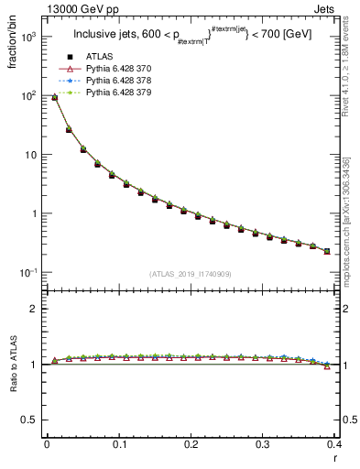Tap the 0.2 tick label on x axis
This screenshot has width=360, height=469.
pyautogui.click(x=191, y=444)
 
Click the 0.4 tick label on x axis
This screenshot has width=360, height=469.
pyautogui.click(x=334, y=444)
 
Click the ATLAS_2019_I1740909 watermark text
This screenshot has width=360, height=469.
pyautogui.click(x=191, y=274)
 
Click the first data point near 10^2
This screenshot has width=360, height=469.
pyautogui.click(x=54, y=97)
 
